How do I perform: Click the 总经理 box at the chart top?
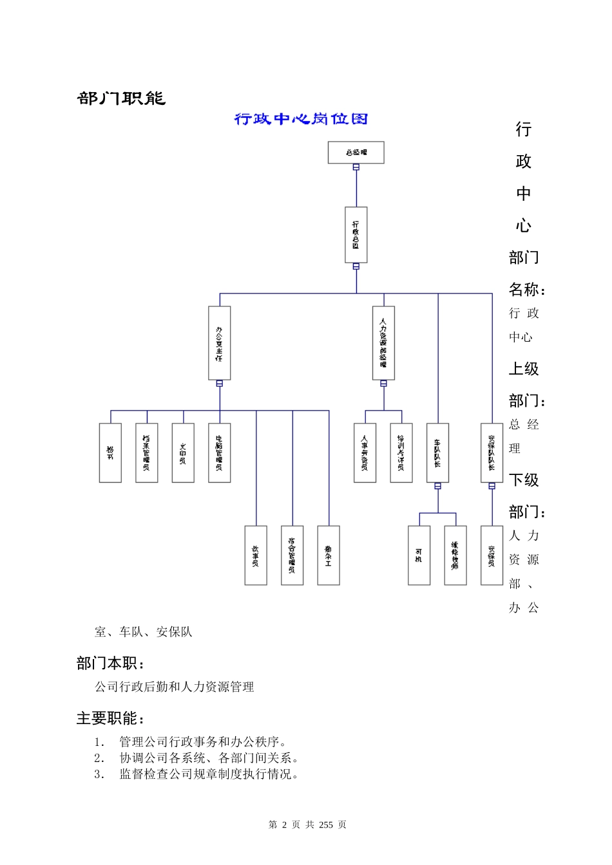point(356,153)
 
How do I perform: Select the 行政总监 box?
point(356,235)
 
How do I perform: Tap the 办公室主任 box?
point(220,343)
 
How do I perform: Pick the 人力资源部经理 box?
point(384,343)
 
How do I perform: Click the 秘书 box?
point(110,453)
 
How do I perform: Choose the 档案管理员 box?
point(147,453)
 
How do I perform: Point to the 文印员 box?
point(183,453)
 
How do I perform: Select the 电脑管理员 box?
point(220,453)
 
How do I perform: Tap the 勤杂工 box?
point(329,555)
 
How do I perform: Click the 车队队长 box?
point(438,453)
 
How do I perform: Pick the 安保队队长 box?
point(492,453)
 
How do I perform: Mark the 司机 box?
point(419,555)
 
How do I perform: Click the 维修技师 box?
point(455,555)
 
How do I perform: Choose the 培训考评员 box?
point(401,453)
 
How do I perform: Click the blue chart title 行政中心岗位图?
point(301,119)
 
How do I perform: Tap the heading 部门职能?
point(122,98)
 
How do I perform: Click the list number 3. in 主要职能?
point(99,774)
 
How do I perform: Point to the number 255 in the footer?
point(327,824)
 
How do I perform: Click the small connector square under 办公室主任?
point(220,384)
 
